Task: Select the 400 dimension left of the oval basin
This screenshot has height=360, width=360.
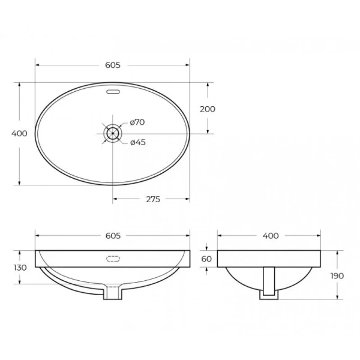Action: point(19,134)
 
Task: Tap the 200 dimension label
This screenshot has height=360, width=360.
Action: point(208,109)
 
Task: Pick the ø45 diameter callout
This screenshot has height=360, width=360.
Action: point(138,142)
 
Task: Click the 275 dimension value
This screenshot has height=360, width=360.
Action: point(153,199)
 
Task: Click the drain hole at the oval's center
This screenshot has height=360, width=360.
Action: point(112,133)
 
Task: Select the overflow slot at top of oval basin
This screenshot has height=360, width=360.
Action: point(112,92)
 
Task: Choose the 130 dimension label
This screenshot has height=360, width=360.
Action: point(19,268)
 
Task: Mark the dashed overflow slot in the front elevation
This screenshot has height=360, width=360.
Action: point(112,259)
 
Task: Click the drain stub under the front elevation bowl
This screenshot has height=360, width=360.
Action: point(112,293)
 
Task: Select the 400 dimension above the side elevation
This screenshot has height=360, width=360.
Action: point(271,236)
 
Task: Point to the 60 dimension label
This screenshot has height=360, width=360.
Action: point(207,259)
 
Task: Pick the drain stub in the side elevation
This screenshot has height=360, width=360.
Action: point(269,288)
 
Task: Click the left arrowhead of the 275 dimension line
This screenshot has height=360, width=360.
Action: point(115,199)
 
